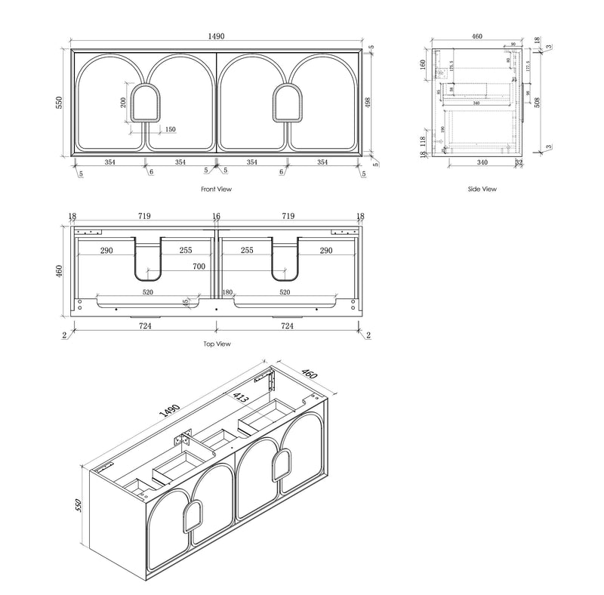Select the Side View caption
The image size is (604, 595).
483,190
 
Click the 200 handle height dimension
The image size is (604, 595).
123,103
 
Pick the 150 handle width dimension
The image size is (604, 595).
170,130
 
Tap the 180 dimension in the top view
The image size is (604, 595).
226,292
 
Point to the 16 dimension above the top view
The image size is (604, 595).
216,217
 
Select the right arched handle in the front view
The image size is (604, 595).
288,103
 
